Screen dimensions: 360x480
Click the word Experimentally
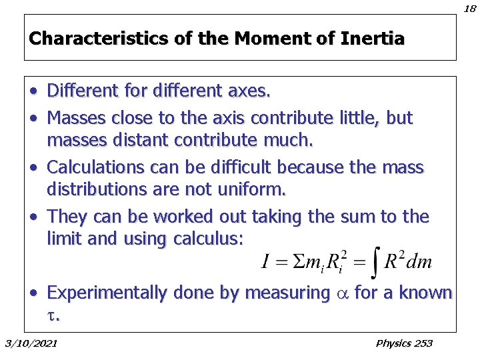pos(108,293)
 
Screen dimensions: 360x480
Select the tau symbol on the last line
pos(52,316)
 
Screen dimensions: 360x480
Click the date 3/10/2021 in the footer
pos(31,343)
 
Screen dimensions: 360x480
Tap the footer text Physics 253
pos(404,343)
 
